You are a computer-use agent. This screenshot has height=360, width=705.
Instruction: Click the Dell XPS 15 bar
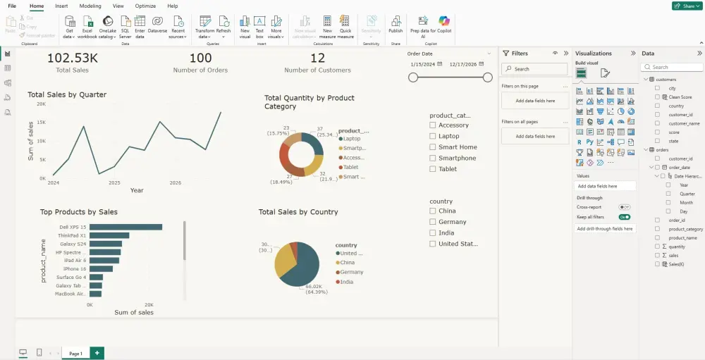(125, 227)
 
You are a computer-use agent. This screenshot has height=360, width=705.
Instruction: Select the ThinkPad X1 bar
(109, 235)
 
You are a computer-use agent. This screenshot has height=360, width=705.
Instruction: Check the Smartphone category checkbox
(433, 158)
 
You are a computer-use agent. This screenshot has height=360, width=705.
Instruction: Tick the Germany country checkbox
(433, 222)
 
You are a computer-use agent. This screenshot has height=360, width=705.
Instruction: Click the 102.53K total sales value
(73, 58)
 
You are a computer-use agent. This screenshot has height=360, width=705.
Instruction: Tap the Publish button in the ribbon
(396, 25)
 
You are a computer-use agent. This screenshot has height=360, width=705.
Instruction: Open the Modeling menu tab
(90, 6)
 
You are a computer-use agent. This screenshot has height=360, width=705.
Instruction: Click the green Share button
(686, 6)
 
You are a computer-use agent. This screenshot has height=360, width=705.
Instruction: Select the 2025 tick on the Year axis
(114, 182)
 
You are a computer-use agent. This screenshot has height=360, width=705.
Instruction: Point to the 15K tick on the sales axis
(42, 123)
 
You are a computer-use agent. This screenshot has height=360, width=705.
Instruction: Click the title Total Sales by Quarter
(67, 94)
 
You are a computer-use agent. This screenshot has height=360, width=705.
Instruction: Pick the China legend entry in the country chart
(346, 263)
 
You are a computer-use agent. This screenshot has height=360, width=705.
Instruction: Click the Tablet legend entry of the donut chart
(350, 168)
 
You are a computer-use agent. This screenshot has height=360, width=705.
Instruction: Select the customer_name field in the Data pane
(684, 123)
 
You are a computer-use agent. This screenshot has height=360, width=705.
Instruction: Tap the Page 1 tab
(75, 353)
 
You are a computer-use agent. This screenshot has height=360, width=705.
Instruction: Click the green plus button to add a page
(97, 353)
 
